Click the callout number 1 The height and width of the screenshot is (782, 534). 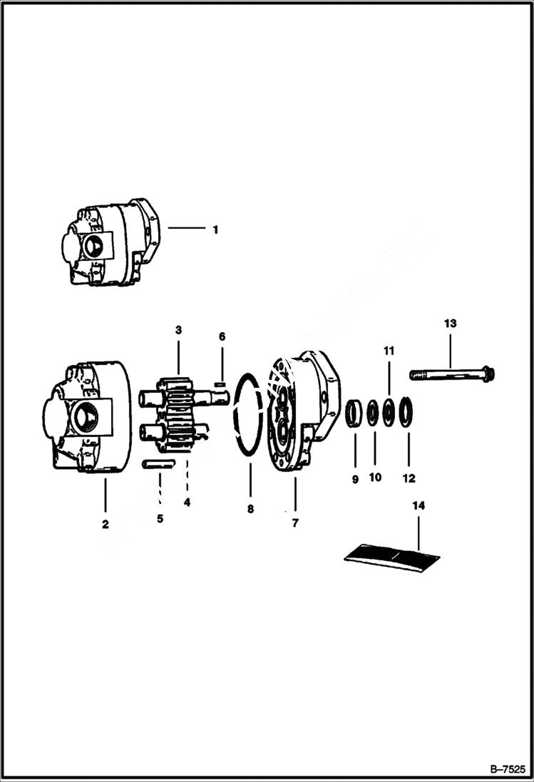(x=215, y=230)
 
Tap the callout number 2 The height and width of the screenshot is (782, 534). (x=106, y=524)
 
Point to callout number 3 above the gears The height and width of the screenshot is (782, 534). (x=178, y=330)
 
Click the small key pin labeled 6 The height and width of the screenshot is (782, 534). (x=220, y=386)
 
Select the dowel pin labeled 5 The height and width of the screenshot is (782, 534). (x=158, y=464)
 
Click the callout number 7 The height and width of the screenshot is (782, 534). (x=294, y=523)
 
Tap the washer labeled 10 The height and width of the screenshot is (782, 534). (x=373, y=414)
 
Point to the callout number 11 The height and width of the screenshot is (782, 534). (x=389, y=351)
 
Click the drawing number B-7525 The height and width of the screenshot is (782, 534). (x=507, y=768)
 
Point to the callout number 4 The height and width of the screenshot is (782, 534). (x=187, y=502)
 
